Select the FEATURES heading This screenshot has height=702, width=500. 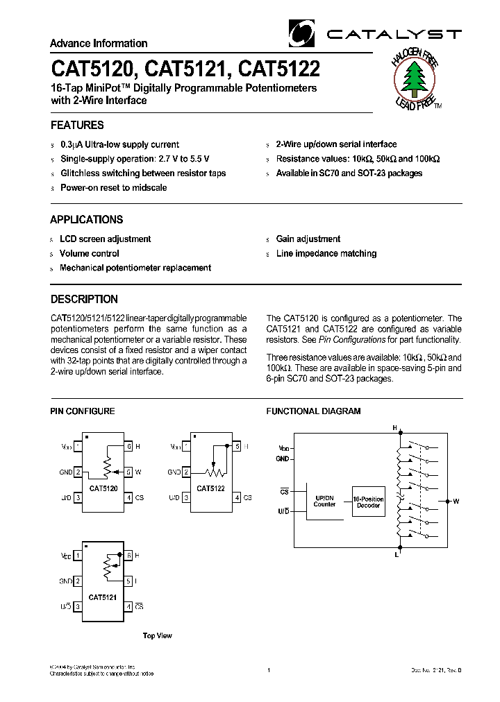[x=77, y=126]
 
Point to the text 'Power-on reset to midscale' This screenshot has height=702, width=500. [x=113, y=187]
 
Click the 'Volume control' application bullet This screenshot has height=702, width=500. [x=89, y=253]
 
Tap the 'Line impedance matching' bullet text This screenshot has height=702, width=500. [x=326, y=253]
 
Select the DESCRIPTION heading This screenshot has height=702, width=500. [x=84, y=300]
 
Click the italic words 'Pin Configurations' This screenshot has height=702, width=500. [x=351, y=340]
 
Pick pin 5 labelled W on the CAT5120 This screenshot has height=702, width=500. [x=128, y=472]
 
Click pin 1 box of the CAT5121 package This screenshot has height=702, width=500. [x=78, y=556]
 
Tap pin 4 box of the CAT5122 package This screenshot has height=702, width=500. [x=237, y=497]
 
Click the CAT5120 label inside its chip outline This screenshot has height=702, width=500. [x=103, y=488]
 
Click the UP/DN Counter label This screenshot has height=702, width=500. [x=324, y=501]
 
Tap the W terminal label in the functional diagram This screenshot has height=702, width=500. [x=456, y=500]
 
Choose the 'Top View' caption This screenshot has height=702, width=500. [x=157, y=635]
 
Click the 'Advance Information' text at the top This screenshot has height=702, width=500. [x=99, y=43]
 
